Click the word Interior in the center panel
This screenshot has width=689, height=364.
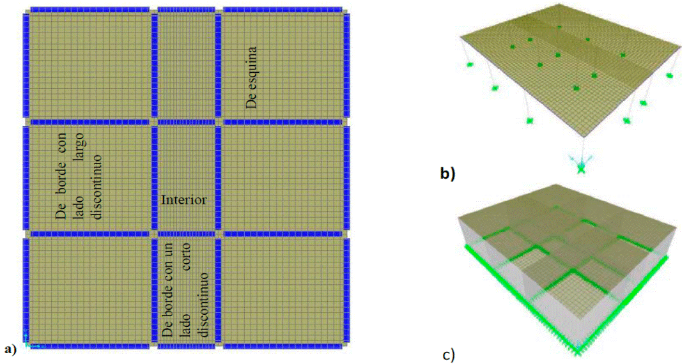coord(184,200)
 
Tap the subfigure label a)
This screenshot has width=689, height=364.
coord(10,349)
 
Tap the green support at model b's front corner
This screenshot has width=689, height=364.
coord(581,168)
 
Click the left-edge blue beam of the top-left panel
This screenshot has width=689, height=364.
coord(26,64)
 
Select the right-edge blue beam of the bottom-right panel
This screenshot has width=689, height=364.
coord(346,291)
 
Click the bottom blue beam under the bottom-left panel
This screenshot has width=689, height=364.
coord(89,345)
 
